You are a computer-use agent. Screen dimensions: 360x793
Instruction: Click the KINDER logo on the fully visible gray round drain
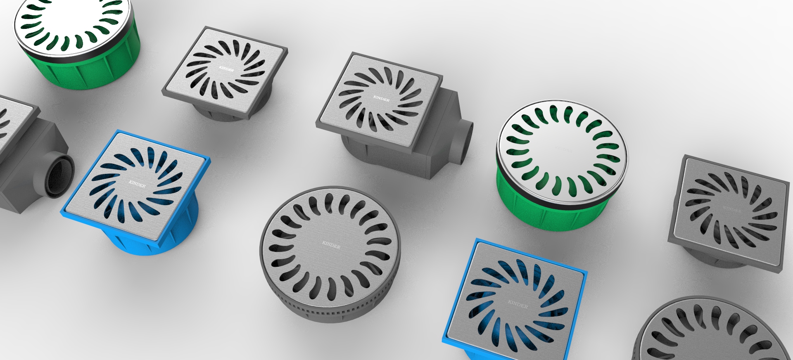click(331, 245)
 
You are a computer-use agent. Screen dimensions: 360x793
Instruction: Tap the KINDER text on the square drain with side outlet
click(381, 99)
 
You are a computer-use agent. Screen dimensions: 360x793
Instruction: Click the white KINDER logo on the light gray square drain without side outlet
click(226, 69)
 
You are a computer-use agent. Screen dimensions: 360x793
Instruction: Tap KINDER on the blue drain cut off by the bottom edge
click(518, 305)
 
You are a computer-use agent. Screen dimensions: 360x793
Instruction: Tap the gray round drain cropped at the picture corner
click(710, 334)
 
